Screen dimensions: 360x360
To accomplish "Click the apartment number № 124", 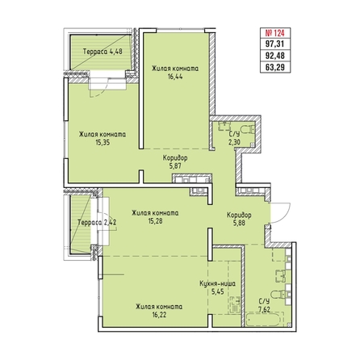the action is [275, 33].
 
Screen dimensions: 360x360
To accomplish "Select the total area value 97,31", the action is [275, 44].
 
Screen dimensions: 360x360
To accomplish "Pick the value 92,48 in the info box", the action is [275, 56].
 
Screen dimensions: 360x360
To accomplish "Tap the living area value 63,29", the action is [275, 67].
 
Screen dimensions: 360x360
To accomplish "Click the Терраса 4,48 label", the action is [103, 52].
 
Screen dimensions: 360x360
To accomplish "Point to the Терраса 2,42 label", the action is [97, 223].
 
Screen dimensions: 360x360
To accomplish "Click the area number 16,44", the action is [175, 77].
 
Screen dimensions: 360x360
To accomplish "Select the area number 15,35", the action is [103, 143].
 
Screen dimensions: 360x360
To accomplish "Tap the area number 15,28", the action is [155, 221].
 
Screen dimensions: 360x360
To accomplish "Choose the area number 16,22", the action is [159, 315].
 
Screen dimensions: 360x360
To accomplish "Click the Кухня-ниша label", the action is [218, 283].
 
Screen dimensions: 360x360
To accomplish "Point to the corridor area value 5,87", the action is [175, 166].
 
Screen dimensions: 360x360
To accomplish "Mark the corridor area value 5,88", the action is [239, 223].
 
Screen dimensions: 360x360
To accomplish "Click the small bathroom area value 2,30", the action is [234, 142].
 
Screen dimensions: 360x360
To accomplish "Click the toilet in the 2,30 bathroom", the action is [248, 130].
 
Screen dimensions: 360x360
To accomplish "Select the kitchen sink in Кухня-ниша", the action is [237, 305].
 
